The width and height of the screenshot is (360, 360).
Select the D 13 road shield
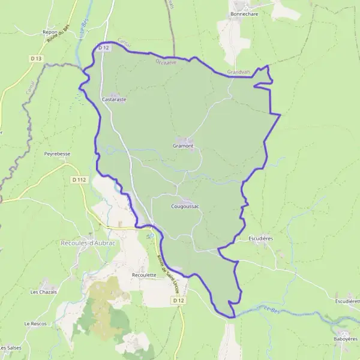point(35,58)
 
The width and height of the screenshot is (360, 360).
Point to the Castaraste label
point(114,99)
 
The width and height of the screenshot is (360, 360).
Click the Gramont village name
point(184,146)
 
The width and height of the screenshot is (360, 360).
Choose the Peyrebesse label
point(58,154)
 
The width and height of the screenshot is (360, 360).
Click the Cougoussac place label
point(185,206)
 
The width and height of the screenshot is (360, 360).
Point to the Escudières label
point(261,238)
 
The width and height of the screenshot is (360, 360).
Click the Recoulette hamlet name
point(144,275)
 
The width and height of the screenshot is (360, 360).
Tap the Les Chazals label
point(43,292)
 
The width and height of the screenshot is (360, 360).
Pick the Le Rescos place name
point(35,323)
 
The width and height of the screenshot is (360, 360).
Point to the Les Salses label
point(11,348)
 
